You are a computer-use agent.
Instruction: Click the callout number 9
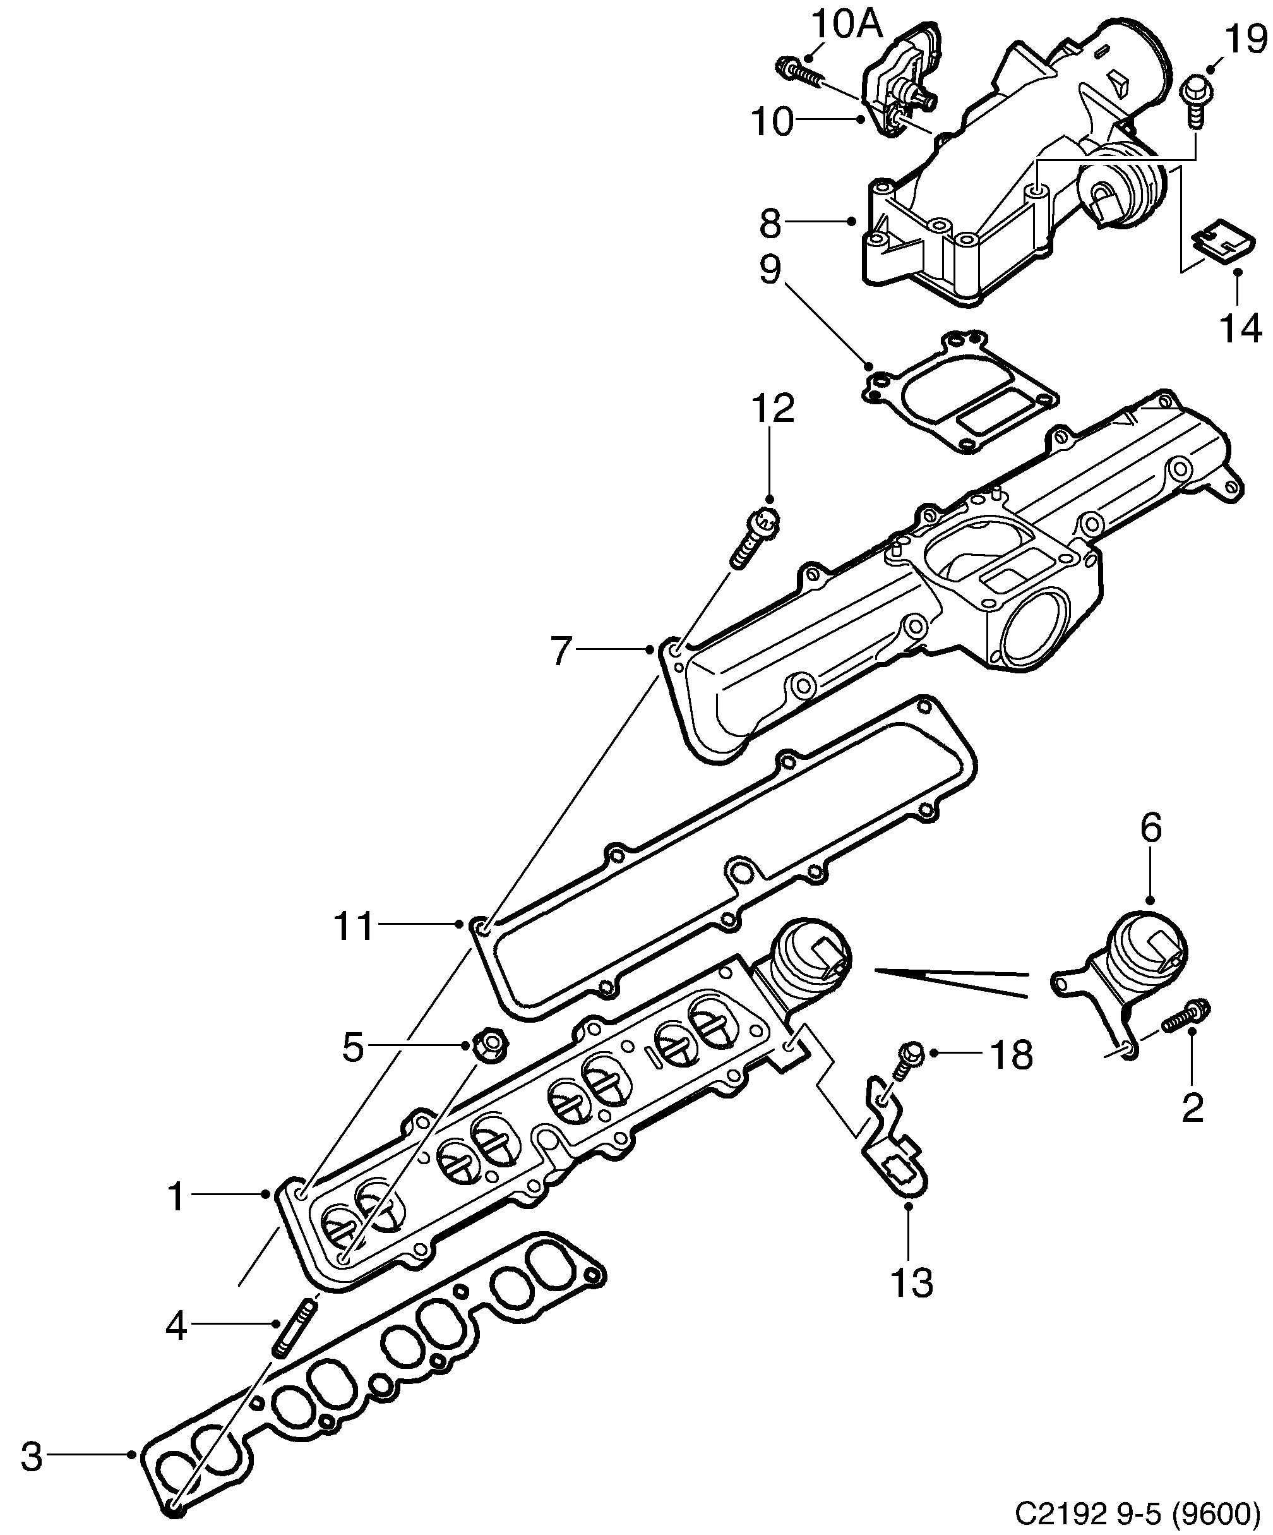[770, 270]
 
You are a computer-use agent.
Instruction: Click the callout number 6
[1151, 829]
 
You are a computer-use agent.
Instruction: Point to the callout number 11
[354, 927]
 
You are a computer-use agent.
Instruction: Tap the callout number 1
[176, 1197]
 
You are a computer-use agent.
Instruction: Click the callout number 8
[770, 224]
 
